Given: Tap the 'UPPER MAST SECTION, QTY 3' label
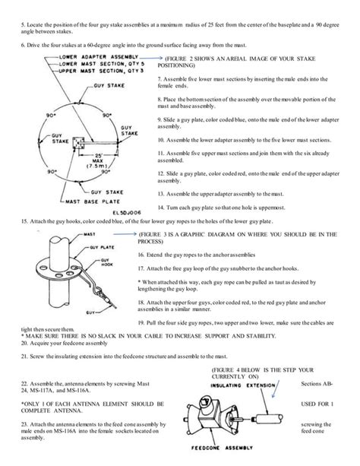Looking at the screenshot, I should coord(96,71).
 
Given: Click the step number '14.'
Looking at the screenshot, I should coord(160,208).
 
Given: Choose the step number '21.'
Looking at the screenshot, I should coord(24,356).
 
